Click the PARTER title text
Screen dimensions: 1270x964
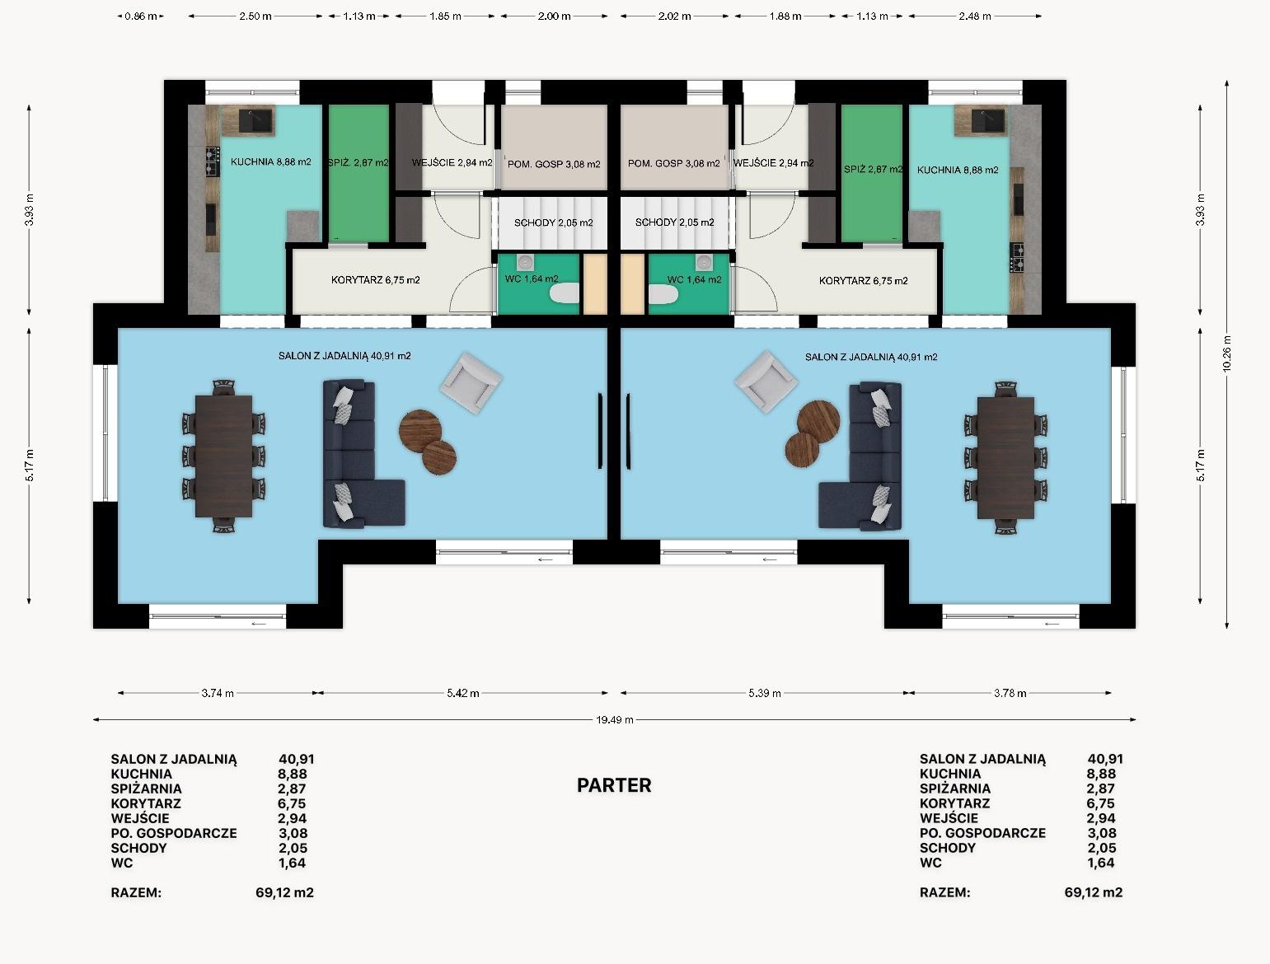point(614,785)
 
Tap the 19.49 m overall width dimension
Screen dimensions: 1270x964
point(615,720)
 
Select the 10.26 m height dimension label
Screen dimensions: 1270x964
point(1226,353)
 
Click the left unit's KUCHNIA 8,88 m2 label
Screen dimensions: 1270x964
point(271,162)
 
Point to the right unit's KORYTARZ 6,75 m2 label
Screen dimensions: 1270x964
point(863,281)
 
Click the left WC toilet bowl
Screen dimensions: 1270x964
point(564,293)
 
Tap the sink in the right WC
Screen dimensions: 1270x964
point(704,263)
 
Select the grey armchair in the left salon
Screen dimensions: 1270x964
point(471,382)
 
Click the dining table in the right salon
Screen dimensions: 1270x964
point(1005,456)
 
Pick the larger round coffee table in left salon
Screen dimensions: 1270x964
point(420,431)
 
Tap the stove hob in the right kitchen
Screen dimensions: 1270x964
point(1017,257)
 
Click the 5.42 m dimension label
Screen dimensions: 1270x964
point(463,693)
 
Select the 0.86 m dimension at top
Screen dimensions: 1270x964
point(141,16)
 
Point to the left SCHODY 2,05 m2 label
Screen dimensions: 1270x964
point(554,223)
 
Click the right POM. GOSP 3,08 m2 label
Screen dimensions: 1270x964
point(674,164)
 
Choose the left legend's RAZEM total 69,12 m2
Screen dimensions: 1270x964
point(284,892)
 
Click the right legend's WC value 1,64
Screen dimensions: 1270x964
point(1100,863)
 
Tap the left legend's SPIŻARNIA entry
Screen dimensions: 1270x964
point(147,789)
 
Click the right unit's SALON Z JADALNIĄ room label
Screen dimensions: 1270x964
point(871,358)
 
